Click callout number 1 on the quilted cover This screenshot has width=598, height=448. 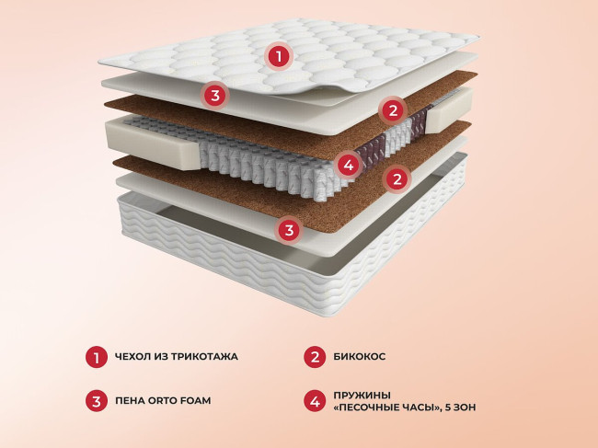pos(279,57)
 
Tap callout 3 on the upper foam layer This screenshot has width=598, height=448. pos(215,96)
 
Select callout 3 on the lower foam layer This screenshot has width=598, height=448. pos(289,230)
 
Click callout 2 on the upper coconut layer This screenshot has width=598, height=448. pos(393,110)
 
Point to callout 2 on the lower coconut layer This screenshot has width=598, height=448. pos(397,178)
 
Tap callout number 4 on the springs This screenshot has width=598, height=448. pos(349,165)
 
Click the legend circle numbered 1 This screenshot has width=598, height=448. pos(97,357)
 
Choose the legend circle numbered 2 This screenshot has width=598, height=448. pos(315,357)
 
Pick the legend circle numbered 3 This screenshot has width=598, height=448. pos(97,401)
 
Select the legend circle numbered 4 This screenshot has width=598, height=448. pos(315,401)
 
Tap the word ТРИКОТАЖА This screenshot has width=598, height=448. pos(204,357)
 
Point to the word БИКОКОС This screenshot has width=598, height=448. pos(359,357)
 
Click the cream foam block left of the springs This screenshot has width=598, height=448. pos(153,144)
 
